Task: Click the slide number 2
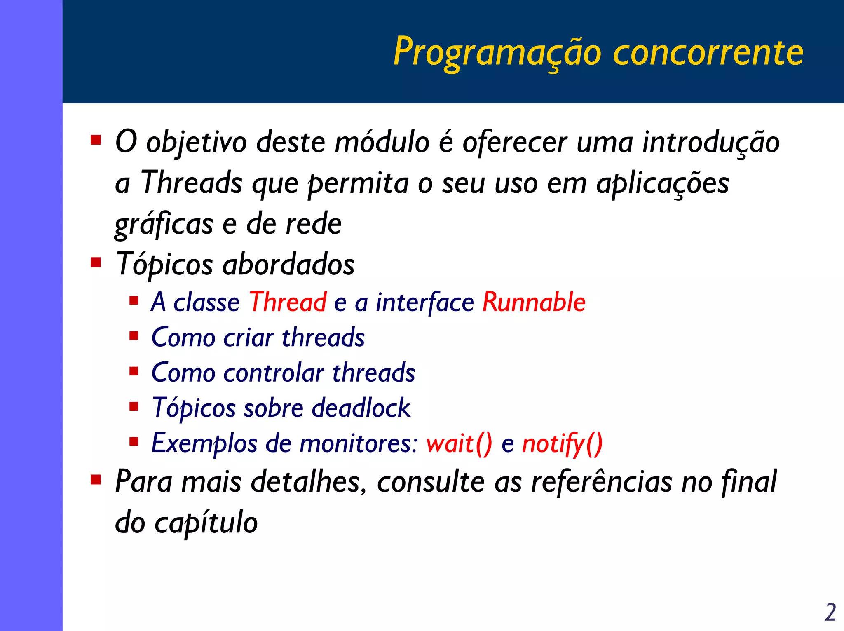[x=830, y=612]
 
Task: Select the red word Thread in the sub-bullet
[x=288, y=302]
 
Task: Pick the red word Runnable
[x=534, y=302]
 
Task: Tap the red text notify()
[x=562, y=443]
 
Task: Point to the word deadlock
[x=361, y=408]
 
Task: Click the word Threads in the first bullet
[x=192, y=183]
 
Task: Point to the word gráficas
[x=164, y=225]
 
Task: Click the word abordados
[x=288, y=264]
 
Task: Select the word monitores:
[x=359, y=443]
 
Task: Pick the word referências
[x=601, y=481]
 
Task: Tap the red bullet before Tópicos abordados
[x=96, y=263]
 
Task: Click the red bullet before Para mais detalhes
[x=96, y=480]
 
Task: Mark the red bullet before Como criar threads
[x=134, y=336]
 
